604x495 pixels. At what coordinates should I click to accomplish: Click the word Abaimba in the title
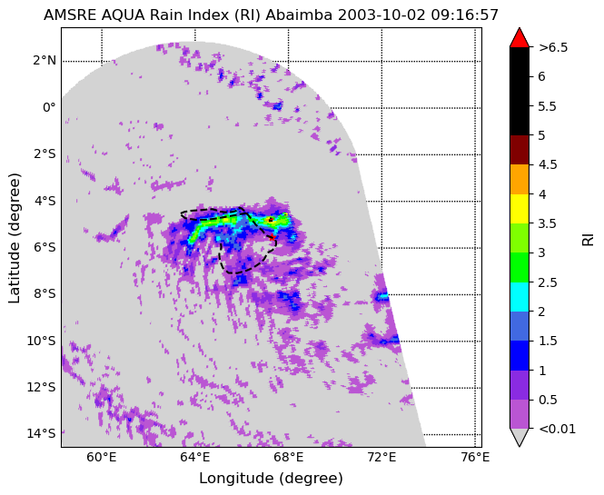(300, 15)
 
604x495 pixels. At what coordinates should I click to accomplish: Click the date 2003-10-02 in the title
(381, 15)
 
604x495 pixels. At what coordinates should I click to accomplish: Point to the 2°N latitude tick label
(45, 61)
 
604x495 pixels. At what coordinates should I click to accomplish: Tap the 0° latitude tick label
(49, 107)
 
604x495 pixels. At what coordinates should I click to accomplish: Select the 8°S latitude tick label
(45, 294)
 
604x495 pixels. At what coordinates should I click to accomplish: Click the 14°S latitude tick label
(41, 434)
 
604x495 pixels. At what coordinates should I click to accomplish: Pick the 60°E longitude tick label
(102, 457)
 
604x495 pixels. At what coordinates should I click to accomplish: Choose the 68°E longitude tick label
(288, 457)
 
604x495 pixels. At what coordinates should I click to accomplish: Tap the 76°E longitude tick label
(474, 457)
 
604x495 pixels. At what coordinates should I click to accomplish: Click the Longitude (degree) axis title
(271, 479)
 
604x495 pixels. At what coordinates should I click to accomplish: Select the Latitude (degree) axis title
(15, 238)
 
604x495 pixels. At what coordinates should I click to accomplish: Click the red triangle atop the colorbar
(520, 37)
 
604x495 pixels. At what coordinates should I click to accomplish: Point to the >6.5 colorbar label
(553, 47)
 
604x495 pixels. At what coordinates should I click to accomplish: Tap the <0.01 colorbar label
(557, 429)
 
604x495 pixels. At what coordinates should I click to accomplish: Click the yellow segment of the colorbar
(520, 209)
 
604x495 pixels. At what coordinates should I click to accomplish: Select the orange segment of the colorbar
(520, 180)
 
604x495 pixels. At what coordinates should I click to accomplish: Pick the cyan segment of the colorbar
(520, 297)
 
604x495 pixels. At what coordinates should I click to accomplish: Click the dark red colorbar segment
(520, 150)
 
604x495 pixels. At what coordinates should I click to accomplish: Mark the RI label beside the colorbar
(589, 238)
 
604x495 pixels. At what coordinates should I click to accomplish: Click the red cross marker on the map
(272, 237)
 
